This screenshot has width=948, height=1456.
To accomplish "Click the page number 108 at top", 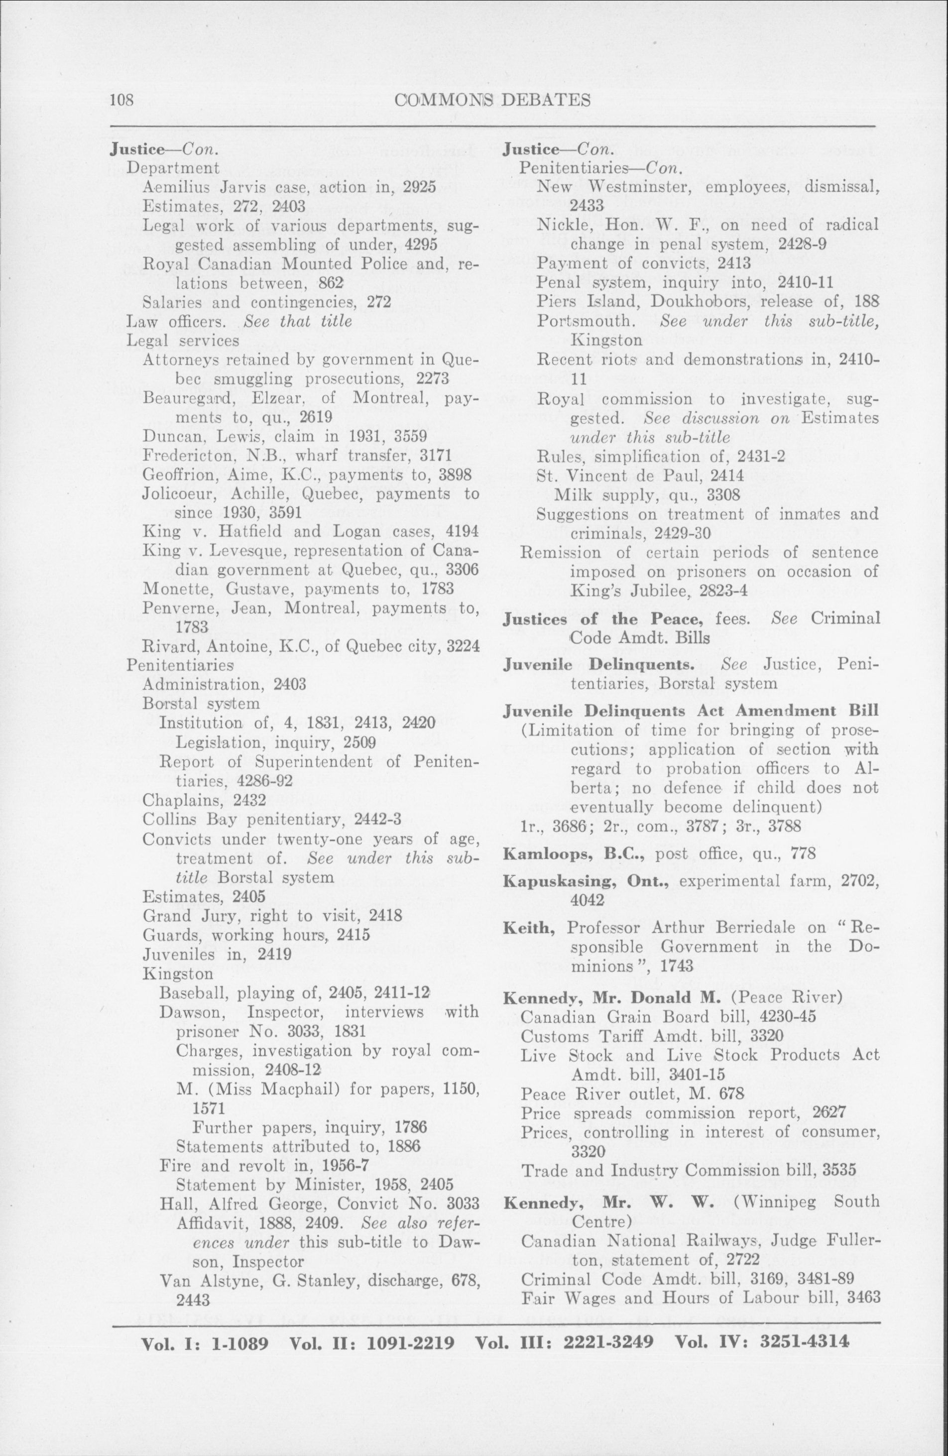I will (x=121, y=100).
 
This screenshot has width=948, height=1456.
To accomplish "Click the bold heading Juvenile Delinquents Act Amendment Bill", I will (x=691, y=711).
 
